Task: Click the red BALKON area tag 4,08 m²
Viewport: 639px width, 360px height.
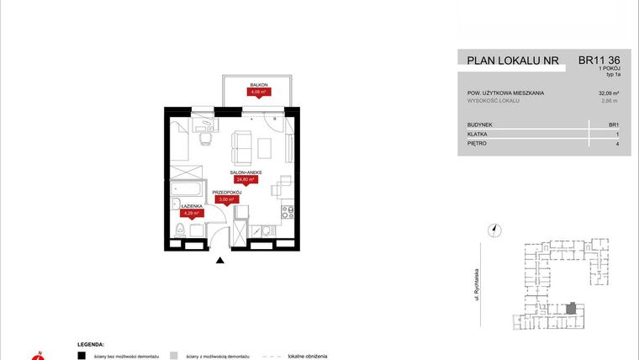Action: (x=258, y=92)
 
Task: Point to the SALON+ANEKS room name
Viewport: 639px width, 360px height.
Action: (x=246, y=172)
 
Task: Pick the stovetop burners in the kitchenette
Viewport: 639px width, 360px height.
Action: (x=287, y=209)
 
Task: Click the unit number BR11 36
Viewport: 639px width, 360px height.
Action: (x=599, y=61)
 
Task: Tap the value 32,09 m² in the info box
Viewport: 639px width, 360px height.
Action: (x=607, y=93)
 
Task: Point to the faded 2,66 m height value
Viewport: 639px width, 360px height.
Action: (x=610, y=101)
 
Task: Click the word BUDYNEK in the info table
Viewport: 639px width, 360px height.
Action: (x=481, y=124)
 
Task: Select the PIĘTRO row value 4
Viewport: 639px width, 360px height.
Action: (x=617, y=145)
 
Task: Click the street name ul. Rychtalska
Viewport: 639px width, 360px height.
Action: (x=477, y=303)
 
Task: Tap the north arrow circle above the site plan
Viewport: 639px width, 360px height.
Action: (x=496, y=227)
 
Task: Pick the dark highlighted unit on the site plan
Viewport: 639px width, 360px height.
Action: (x=572, y=309)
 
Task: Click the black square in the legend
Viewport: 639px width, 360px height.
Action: (x=82, y=355)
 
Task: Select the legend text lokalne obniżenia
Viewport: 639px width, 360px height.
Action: (x=308, y=356)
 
